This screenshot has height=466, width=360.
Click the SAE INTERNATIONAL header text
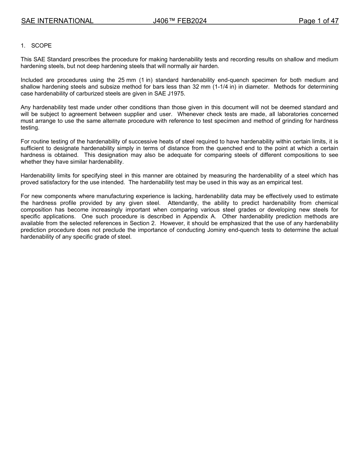[x=57, y=21]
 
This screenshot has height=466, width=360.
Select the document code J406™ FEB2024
[x=180, y=21]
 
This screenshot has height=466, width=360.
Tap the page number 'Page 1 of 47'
[x=318, y=21]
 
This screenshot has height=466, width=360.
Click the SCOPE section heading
[x=41, y=46]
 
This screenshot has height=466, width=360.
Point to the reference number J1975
[x=176, y=94]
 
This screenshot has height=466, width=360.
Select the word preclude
[x=111, y=230]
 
